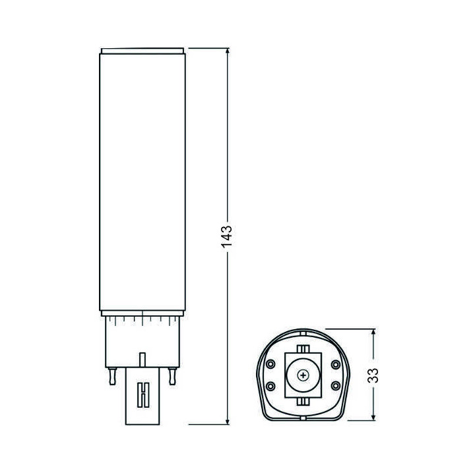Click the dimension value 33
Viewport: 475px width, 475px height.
click(374, 375)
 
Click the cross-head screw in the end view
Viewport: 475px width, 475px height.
click(303, 375)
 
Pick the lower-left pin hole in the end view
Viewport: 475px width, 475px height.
click(270, 385)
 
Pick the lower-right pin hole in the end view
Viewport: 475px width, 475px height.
click(335, 385)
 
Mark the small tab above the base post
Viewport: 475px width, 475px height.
click(141, 359)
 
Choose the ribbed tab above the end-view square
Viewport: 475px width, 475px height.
click(303, 348)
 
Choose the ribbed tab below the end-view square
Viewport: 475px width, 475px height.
click(303, 400)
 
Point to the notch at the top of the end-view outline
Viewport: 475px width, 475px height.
click(303, 332)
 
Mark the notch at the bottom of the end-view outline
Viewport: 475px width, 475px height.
click(303, 418)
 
